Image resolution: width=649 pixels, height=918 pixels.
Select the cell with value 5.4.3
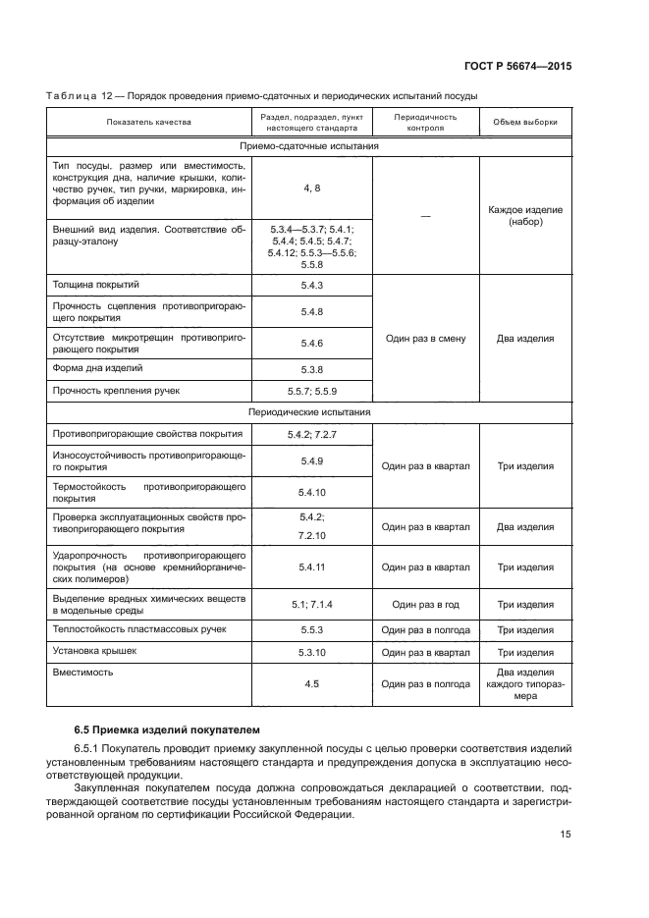coord(312,285)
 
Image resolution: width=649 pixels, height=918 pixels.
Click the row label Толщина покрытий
coord(96,285)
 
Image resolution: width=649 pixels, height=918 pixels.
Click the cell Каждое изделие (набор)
coord(524,216)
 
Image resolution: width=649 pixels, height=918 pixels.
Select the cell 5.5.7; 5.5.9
coord(312,391)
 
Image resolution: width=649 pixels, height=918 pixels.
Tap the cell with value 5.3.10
coord(312,652)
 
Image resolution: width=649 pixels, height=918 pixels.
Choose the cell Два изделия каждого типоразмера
coord(524,683)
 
